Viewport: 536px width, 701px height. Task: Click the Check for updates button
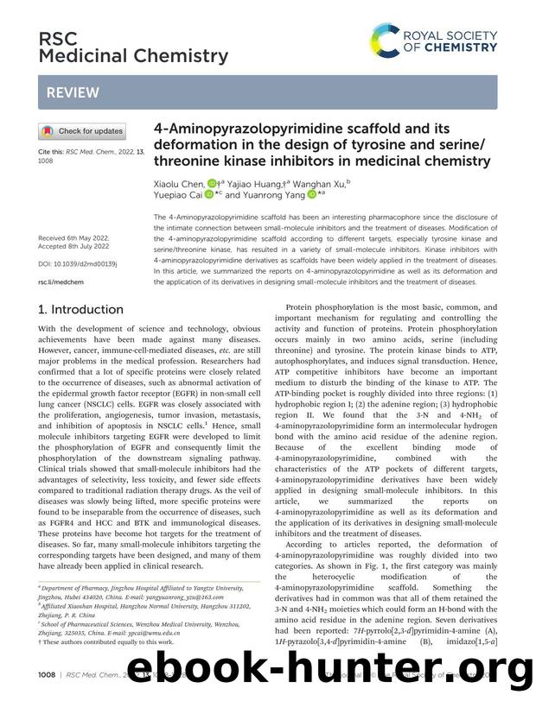[82, 131]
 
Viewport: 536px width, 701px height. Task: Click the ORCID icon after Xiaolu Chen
[211, 182]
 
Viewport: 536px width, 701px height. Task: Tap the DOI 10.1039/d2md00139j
[79, 262]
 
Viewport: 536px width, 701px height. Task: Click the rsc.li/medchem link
[60, 281]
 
